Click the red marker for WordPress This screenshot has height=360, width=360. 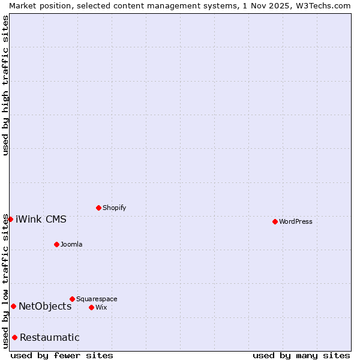pyautogui.click(x=275, y=221)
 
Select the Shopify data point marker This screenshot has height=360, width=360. pyautogui.click(x=98, y=208)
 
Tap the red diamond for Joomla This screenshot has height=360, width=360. pyautogui.click(x=56, y=244)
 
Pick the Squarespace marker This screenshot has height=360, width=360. pyautogui.click(x=72, y=299)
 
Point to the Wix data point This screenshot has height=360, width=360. pyautogui.click(x=91, y=307)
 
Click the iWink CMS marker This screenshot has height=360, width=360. pyautogui.click(x=10, y=219)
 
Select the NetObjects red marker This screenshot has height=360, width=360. pyautogui.click(x=13, y=306)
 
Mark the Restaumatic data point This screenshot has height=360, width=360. pyautogui.click(x=14, y=337)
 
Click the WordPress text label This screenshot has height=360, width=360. pyautogui.click(x=296, y=221)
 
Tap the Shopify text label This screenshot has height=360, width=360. pyautogui.click(x=115, y=208)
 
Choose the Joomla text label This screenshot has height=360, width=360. pyautogui.click(x=71, y=244)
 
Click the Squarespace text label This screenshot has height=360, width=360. pyautogui.click(x=97, y=299)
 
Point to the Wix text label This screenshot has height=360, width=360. pyautogui.click(x=101, y=307)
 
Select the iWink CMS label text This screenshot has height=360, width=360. pyautogui.click(x=41, y=219)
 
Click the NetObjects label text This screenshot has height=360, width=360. pyautogui.click(x=45, y=306)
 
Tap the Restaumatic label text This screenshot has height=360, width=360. pyautogui.click(x=50, y=337)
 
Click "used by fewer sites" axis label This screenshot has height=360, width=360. pyautogui.click(x=62, y=355)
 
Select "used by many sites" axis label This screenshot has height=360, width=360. pyautogui.click(x=301, y=355)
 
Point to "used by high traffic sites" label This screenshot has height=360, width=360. pyautogui.click(x=5, y=85)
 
